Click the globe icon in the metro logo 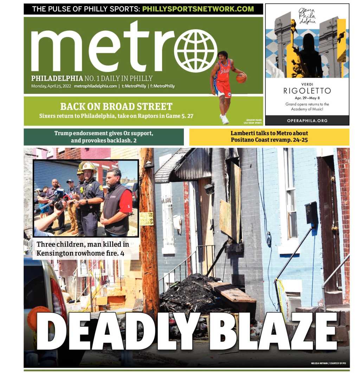(x=195, y=51)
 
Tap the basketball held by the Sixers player (x=241, y=78)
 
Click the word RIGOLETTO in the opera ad (x=307, y=91)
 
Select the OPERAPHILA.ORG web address (x=307, y=120)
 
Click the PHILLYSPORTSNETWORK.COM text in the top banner (x=198, y=9)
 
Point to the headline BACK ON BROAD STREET (x=116, y=106)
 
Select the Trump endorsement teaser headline (x=103, y=137)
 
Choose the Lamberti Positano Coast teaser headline (x=269, y=137)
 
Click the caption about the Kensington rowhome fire (x=83, y=248)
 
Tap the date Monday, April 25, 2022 (x=51, y=86)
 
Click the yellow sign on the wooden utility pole (x=146, y=218)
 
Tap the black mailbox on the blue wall (x=311, y=213)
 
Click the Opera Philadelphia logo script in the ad (x=307, y=16)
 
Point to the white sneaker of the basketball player (x=224, y=119)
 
